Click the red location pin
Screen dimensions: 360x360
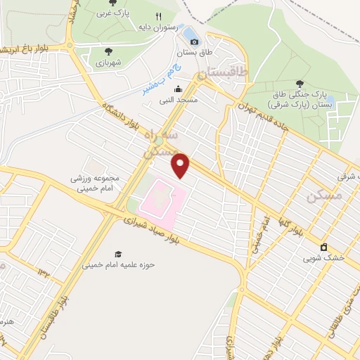pos(181,166)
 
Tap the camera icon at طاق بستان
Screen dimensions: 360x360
pos(194,41)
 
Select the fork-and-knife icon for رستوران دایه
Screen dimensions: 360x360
pos(159,16)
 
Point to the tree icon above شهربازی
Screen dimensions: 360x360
pos(108,51)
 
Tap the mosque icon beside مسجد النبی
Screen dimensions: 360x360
pos(178,89)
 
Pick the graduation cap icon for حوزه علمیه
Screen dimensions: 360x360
pos(118,254)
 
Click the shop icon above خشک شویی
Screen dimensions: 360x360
pos(323,247)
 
